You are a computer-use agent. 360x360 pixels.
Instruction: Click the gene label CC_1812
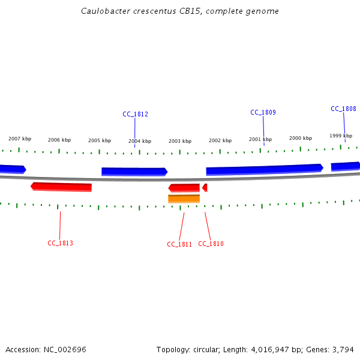tap(135, 114)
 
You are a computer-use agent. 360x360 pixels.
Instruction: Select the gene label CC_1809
tap(263, 112)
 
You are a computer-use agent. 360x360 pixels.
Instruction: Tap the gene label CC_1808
tap(343, 109)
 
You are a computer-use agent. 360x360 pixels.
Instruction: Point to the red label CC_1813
tap(60, 243)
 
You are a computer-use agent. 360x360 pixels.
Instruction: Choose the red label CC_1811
tap(179, 244)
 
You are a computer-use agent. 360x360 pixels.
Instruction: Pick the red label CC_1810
tap(211, 244)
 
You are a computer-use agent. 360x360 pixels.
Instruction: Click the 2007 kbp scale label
tap(20, 139)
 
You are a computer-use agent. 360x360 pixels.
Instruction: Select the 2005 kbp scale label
tap(100, 140)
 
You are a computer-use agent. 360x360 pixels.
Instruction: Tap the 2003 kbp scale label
tap(180, 141)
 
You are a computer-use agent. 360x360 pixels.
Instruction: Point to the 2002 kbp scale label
tap(220, 140)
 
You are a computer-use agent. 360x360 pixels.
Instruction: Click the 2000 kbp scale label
tap(301, 138)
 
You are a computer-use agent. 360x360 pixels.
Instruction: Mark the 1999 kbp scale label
tap(341, 136)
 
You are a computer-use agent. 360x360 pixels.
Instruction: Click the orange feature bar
tap(184, 199)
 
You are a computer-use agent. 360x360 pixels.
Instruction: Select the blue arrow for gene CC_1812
tap(134, 172)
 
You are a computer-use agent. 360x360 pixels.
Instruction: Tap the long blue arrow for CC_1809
tap(264, 170)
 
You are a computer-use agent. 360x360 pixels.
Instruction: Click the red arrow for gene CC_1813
tap(61, 187)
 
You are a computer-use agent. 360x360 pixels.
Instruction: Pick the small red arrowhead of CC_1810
tap(205, 188)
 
